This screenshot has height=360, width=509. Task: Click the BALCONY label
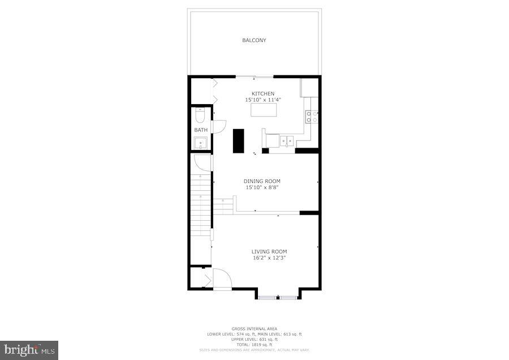click(x=254, y=40)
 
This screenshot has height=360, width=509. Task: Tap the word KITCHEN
click(x=263, y=93)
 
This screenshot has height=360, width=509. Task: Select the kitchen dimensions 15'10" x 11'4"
click(x=263, y=100)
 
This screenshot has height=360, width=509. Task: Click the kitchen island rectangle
click(x=264, y=110)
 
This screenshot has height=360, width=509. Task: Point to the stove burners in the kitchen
click(x=312, y=117)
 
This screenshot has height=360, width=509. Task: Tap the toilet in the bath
click(x=199, y=116)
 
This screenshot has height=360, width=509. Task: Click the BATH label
click(x=201, y=130)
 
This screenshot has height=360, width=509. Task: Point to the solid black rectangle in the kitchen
click(x=238, y=140)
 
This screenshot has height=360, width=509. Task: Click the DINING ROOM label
click(x=262, y=181)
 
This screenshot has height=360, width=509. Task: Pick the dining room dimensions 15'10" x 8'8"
click(x=262, y=187)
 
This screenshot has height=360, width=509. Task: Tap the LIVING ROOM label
click(x=269, y=251)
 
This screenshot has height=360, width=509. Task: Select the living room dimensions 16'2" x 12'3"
click(x=269, y=258)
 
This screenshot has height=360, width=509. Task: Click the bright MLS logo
click(x=29, y=350)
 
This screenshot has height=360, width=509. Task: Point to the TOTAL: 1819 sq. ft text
click(x=254, y=344)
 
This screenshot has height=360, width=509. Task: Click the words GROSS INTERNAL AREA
click(x=254, y=328)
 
